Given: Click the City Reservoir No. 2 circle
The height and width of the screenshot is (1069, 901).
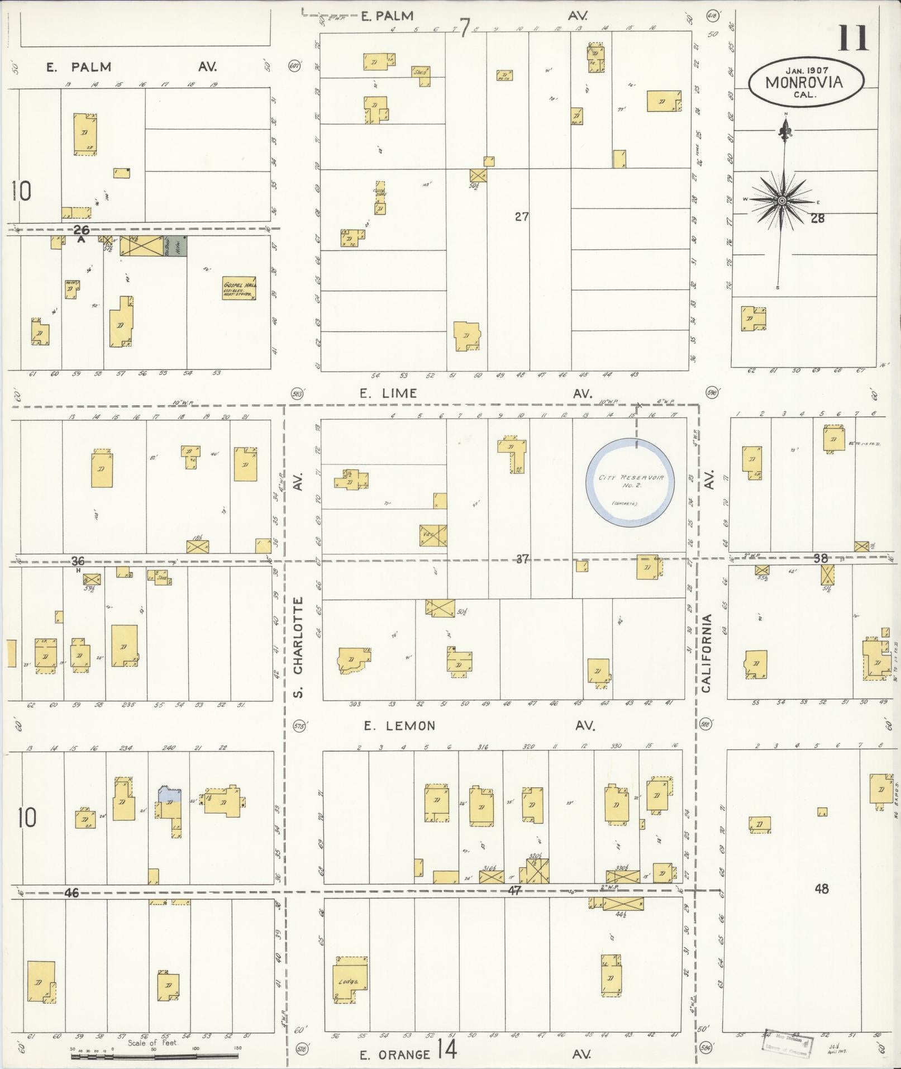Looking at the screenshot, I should point(631,482).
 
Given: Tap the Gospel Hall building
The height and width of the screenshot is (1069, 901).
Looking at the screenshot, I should point(239,288).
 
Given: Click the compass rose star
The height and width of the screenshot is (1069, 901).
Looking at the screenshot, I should point(781,201).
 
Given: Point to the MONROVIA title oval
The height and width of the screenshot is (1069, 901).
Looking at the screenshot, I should point(806,82).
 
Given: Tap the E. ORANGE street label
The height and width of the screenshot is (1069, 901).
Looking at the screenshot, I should point(395,1054).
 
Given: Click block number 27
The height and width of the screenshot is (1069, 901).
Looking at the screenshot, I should point(522,217).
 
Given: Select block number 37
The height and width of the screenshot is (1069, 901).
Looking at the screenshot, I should point(522,559).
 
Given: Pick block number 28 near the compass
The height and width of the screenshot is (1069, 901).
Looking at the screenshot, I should point(817,218).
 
